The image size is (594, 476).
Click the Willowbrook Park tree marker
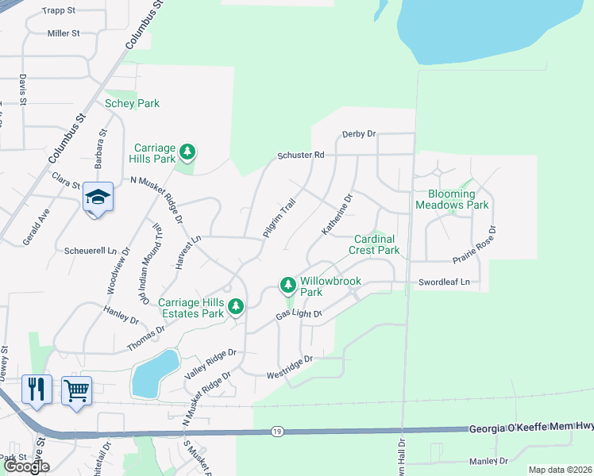[x=287, y=284]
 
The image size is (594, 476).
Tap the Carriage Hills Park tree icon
[x=187, y=151]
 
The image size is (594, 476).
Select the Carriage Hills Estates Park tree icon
[x=234, y=306]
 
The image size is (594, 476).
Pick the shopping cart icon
[x=76, y=390]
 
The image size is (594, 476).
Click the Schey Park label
[x=132, y=103]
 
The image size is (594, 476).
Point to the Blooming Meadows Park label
[x=457, y=199]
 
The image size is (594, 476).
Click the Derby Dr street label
[x=358, y=134]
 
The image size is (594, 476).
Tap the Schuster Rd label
[x=301, y=155]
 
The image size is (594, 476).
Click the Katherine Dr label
[x=337, y=215]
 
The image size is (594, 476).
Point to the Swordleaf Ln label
[x=444, y=282]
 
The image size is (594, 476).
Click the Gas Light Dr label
[x=299, y=315]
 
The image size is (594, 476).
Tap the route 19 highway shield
[x=276, y=431]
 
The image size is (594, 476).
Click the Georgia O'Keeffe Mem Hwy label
[x=531, y=428]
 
